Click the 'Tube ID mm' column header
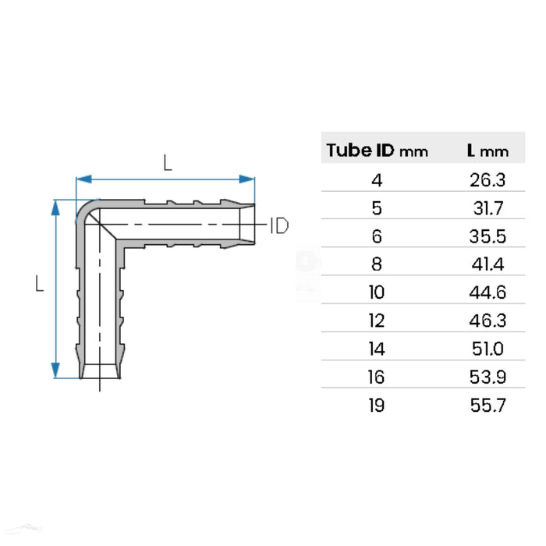click(x=377, y=151)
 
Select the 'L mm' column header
click(x=487, y=151)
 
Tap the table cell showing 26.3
click(x=488, y=181)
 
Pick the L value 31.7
click(x=488, y=209)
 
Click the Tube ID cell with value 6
click(x=377, y=237)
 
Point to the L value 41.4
click(x=488, y=265)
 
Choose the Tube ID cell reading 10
click(x=377, y=293)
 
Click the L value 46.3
click(x=488, y=321)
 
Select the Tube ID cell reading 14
click(x=377, y=349)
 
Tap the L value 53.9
click(x=488, y=378)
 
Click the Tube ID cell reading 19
click(x=377, y=406)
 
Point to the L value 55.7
click(x=488, y=406)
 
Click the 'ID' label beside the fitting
click(x=279, y=226)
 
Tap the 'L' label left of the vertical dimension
click(x=38, y=285)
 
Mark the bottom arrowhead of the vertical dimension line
click(x=56, y=370)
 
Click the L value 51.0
click(x=488, y=349)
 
